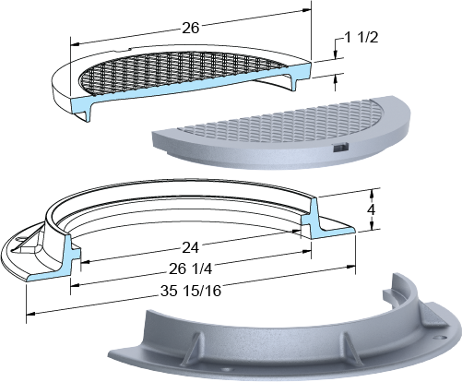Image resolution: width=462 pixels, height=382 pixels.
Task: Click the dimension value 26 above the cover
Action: (x=191, y=28)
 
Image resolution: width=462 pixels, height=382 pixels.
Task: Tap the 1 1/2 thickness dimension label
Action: (x=361, y=38)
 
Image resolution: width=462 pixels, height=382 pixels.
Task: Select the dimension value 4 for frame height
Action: (x=372, y=209)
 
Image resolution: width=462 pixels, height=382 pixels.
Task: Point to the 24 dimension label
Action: (x=191, y=247)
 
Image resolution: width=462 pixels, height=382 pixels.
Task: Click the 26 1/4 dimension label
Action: (x=191, y=269)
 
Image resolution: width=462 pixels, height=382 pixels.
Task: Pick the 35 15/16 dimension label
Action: (x=191, y=291)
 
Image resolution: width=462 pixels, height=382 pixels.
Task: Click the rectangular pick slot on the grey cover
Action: (x=340, y=148)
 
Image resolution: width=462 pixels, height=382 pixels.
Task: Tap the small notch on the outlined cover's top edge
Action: (x=124, y=49)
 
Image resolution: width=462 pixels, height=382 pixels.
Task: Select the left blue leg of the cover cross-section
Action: (x=86, y=110)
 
